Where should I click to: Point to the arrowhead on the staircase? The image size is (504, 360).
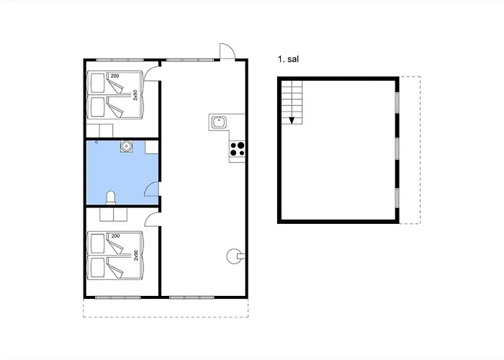pyautogui.click(x=292, y=120)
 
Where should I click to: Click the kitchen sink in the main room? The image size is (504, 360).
pyautogui.click(x=220, y=122)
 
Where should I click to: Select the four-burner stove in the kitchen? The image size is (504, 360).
pyautogui.click(x=237, y=150)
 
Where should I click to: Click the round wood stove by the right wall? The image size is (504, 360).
pyautogui.click(x=233, y=253)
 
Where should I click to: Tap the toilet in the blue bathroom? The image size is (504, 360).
pyautogui.click(x=110, y=197)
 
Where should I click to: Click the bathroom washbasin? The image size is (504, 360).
pyautogui.click(x=127, y=146)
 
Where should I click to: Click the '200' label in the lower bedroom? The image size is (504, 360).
pyautogui.click(x=115, y=236)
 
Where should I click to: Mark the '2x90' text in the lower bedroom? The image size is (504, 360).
pyautogui.click(x=135, y=256)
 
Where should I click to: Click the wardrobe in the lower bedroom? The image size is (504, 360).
pyautogui.click(x=112, y=215)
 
